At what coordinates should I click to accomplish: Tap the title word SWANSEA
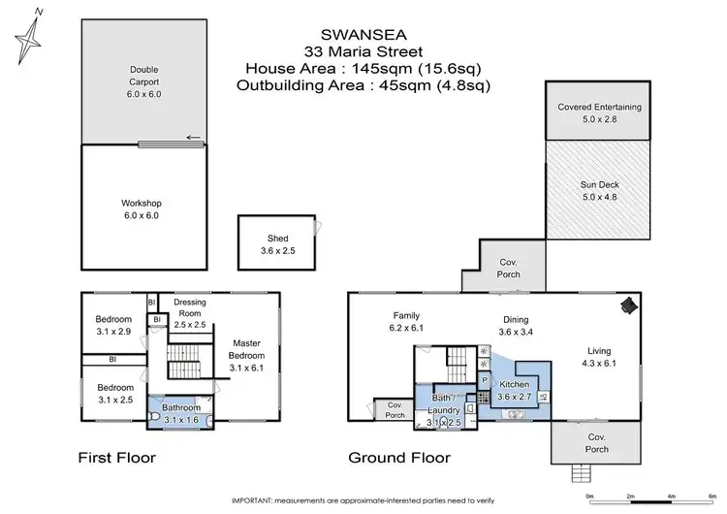pos(363,33)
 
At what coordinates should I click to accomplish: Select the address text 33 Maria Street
pos(363,50)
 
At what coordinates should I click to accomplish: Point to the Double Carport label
pos(143,76)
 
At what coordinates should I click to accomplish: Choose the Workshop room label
pos(140,209)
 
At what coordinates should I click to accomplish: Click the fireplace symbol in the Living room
pos(627,305)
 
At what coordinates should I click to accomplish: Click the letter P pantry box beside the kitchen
pos(483,380)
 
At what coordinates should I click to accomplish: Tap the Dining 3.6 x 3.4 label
pos(515,326)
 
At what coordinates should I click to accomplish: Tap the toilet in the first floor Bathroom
pos(157,418)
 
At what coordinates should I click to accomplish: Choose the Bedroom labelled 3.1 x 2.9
pos(112,326)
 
